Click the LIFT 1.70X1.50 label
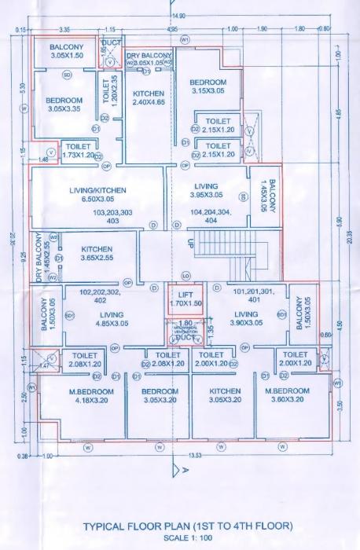186,297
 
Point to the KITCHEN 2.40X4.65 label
148,97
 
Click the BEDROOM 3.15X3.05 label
208,86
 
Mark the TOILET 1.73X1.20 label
79,151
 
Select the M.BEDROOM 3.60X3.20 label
289,395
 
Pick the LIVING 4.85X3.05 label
113,317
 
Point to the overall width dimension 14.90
180,16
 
